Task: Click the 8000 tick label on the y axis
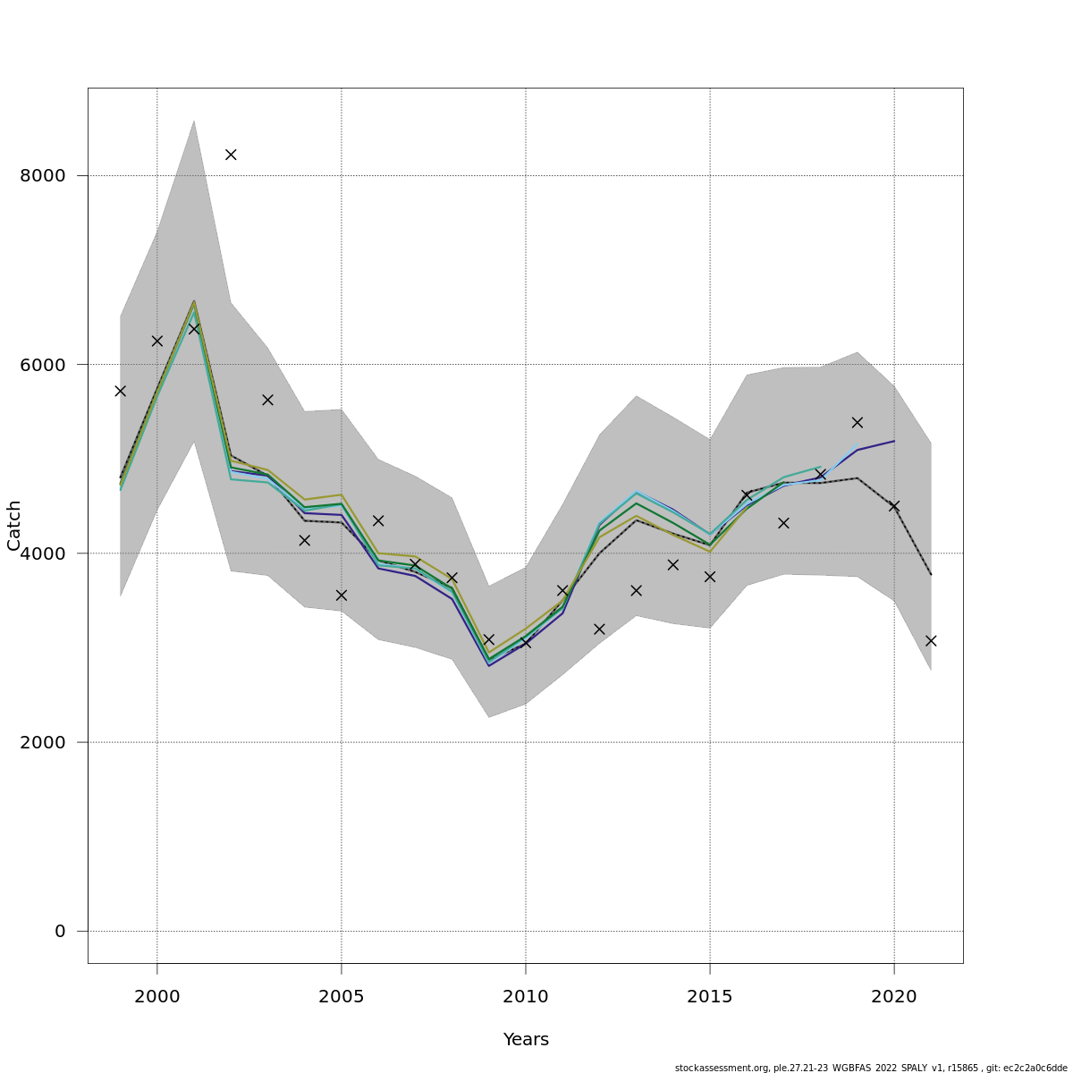pyautogui.click(x=43, y=175)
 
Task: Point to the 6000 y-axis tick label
pyautogui.click(x=43, y=365)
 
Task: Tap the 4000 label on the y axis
pyautogui.click(x=43, y=553)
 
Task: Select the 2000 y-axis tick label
pyautogui.click(x=43, y=742)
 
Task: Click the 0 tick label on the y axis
pyautogui.click(x=60, y=932)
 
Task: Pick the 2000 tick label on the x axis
pyautogui.click(x=157, y=995)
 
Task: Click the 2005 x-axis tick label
pyautogui.click(x=342, y=995)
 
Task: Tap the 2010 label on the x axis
pyautogui.click(x=526, y=995)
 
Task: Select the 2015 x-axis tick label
pyautogui.click(x=710, y=995)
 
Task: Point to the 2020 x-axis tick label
pyautogui.click(x=894, y=995)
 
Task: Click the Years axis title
pyautogui.click(x=526, y=1040)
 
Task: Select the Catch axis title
pyautogui.click(x=14, y=526)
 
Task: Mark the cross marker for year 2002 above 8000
pyautogui.click(x=231, y=155)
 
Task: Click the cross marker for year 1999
pyautogui.click(x=121, y=391)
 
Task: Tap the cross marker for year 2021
pyautogui.click(x=931, y=641)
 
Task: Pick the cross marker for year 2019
pyautogui.click(x=858, y=422)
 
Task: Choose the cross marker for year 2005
pyautogui.click(x=342, y=595)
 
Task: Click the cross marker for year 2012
pyautogui.click(x=599, y=629)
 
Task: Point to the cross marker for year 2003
pyautogui.click(x=267, y=400)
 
